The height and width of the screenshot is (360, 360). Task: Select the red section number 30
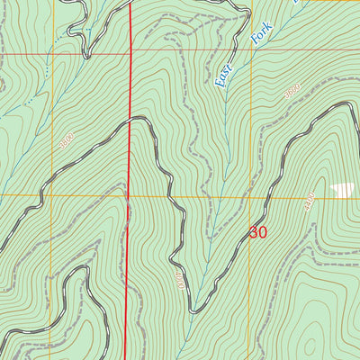coord(258,232)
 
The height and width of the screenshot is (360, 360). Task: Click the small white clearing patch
coord(342,189)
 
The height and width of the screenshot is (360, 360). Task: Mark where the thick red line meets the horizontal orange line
coord(129,196)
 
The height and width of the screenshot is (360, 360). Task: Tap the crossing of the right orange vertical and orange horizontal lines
coord(270,196)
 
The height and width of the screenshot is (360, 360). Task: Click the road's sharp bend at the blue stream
coord(192,311)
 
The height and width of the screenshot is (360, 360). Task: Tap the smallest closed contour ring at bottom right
coord(309,345)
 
